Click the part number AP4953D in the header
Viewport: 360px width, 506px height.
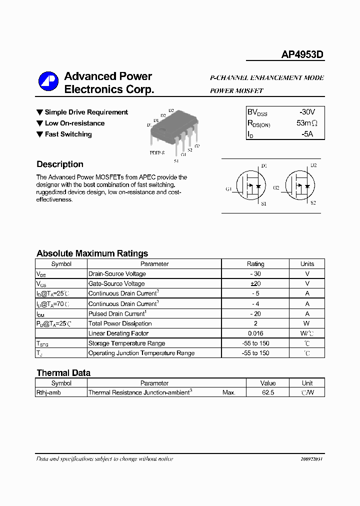tap(302, 54)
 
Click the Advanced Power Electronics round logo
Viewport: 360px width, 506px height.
tap(48, 83)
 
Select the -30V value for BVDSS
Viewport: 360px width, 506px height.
tap(307, 112)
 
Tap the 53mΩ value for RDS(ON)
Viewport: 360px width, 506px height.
tap(307, 123)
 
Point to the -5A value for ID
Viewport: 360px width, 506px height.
tap(307, 134)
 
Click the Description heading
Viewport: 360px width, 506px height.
tap(60, 164)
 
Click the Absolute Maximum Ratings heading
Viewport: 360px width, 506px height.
tap(92, 253)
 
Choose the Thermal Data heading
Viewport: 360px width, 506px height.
tap(63, 373)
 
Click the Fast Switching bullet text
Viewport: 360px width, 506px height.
tap(68, 134)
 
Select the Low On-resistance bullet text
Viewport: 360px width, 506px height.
tap(74, 123)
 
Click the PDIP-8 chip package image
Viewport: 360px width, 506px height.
tap(174, 131)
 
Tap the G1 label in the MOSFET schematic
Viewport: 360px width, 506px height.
tap(228, 189)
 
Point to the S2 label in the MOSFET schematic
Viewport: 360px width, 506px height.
tap(313, 203)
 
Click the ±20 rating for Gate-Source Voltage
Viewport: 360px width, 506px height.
tap(255, 284)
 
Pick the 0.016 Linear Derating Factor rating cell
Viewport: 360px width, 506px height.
tap(255, 333)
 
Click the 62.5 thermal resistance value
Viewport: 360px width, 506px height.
tap(268, 393)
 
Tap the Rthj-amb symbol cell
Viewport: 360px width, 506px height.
tap(49, 393)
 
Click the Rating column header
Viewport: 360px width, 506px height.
tap(255, 264)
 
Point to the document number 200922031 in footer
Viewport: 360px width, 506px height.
tap(312, 459)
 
